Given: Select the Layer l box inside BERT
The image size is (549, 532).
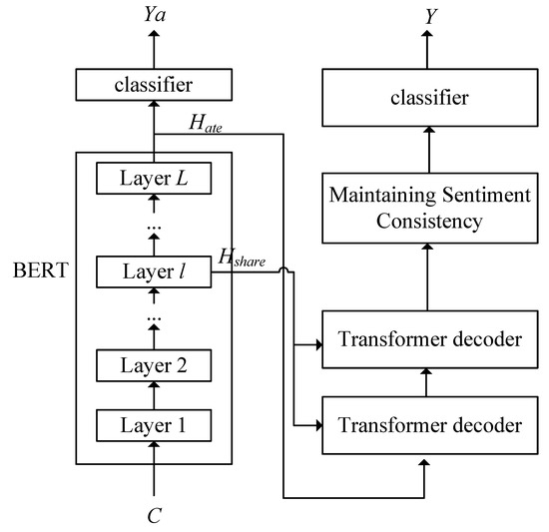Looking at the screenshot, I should pyautogui.click(x=154, y=270).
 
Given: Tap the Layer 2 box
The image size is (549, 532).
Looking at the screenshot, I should pyautogui.click(x=154, y=366).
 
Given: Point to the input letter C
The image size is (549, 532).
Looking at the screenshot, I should pyautogui.click(x=154, y=517).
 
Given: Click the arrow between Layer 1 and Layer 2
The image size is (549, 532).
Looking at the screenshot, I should pyautogui.click(x=154, y=395).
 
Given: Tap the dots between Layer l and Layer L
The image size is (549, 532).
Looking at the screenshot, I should pyautogui.click(x=154, y=228).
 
